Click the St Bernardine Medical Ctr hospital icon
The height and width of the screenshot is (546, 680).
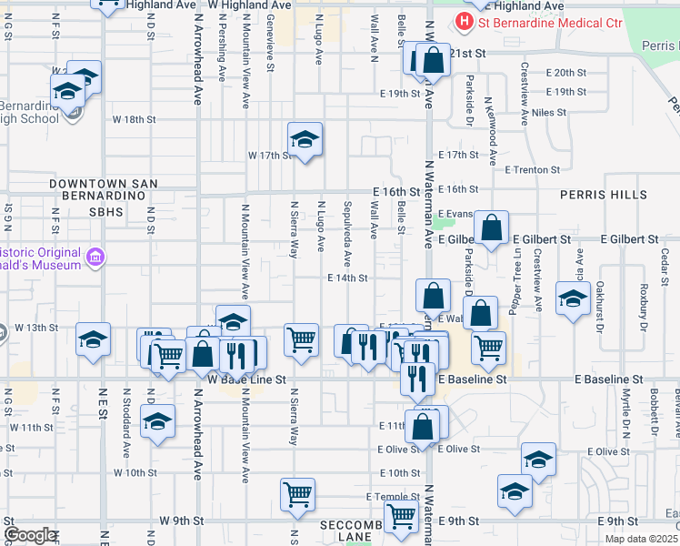tap(465, 21)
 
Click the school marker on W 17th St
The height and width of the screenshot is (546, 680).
tap(305, 139)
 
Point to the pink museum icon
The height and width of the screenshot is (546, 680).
tap(95, 258)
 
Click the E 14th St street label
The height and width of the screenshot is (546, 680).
tap(347, 278)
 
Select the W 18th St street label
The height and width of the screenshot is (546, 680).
tap(135, 119)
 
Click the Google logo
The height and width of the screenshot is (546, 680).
tap(30, 535)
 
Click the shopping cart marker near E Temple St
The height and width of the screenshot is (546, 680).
tap(297, 495)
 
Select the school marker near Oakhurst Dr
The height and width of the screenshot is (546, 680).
tap(573, 298)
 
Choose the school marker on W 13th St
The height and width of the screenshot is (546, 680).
tap(94, 339)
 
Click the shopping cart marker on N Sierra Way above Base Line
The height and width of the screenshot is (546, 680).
tap(301, 340)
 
